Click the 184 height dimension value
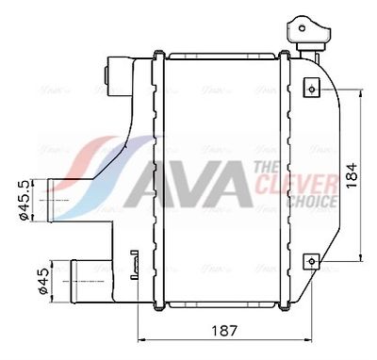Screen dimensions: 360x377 coord(351,175)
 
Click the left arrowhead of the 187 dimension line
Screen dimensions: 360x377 coord(143,340)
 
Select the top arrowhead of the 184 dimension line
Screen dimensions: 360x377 coord(362,92)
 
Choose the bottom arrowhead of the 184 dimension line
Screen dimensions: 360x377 coord(362,256)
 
